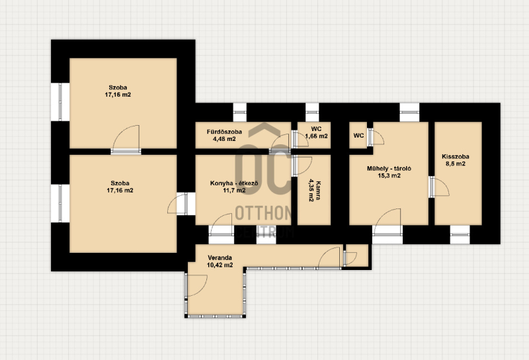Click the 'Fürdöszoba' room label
[x=224, y=132]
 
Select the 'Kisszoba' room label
[x=456, y=157]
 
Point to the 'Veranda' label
[x=220, y=258]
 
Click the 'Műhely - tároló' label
[x=389, y=169]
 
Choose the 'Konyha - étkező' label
[x=234, y=183]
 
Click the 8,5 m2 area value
[x=456, y=164]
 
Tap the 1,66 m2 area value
[x=317, y=136]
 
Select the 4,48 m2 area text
[x=224, y=139]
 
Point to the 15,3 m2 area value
[x=389, y=175]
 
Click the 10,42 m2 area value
[x=220, y=265]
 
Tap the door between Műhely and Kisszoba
[x=438, y=187]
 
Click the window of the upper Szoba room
[x=60, y=102]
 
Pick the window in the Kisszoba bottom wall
[x=460, y=234]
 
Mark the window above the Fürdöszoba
[x=240, y=112]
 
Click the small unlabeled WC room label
[x=358, y=136]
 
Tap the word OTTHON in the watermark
[x=263, y=213]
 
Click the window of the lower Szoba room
[x=60, y=203]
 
